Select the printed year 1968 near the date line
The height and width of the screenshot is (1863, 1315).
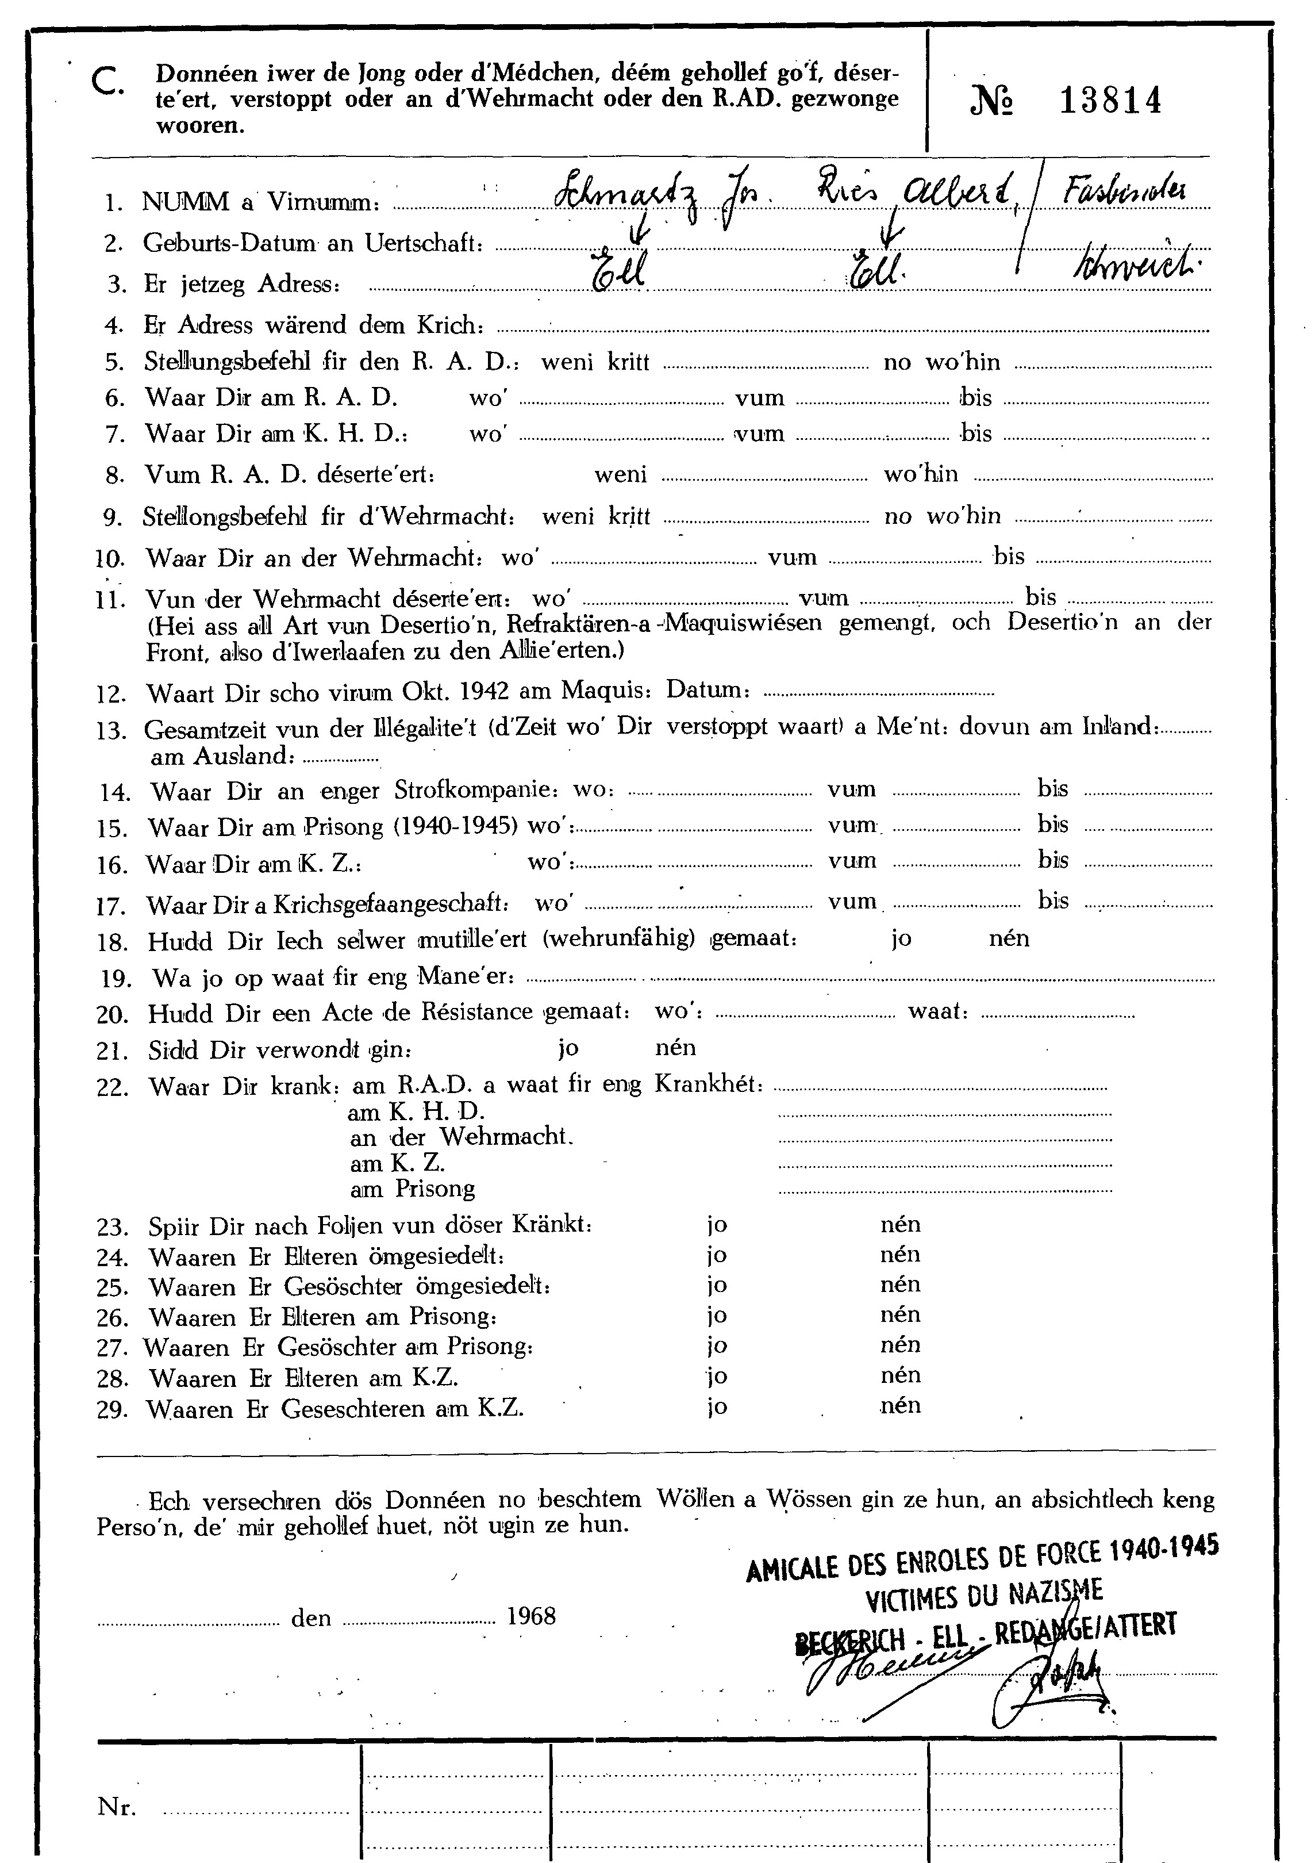pos(532,1616)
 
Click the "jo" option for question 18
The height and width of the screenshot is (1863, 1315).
pos(901,939)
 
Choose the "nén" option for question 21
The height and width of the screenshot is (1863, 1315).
pos(675,1048)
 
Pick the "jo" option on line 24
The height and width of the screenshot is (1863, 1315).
pos(716,1255)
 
